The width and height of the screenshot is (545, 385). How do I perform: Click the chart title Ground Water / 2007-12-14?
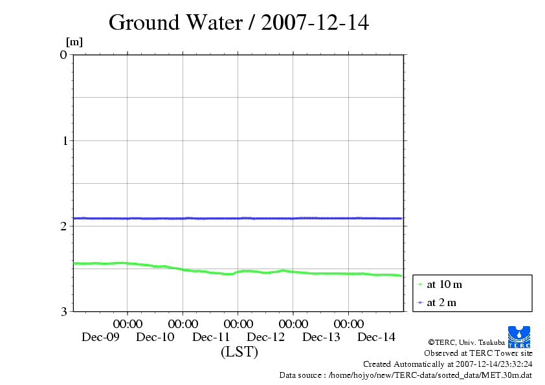[x=239, y=23]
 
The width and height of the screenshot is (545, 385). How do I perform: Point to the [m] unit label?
[x=74, y=42]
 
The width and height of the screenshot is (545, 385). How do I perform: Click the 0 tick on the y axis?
[x=63, y=54]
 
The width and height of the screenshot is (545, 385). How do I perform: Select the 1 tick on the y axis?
[x=63, y=140]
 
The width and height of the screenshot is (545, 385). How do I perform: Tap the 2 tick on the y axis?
[x=63, y=226]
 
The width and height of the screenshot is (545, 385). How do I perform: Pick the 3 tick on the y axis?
[x=63, y=311]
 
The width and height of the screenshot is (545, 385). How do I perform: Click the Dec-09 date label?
[x=100, y=336]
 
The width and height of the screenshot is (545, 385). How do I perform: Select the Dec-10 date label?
[x=155, y=336]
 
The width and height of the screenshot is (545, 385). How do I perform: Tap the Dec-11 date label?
[x=211, y=336]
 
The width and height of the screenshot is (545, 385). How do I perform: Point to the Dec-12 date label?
[x=266, y=336]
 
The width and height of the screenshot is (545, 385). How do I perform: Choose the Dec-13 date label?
[x=321, y=336]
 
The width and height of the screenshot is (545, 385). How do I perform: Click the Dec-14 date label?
[x=376, y=336]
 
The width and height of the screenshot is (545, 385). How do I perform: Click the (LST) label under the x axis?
[x=239, y=352]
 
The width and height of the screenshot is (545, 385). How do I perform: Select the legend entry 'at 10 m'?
[x=444, y=284]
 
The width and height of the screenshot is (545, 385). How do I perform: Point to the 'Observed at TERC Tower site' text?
[x=478, y=353]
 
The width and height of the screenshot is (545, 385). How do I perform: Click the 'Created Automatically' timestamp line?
[x=447, y=364]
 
